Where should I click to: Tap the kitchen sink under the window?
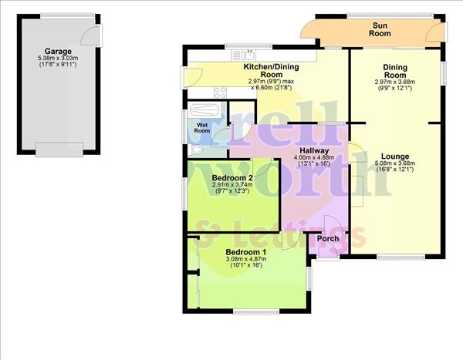pyautogui.click(x=248, y=54)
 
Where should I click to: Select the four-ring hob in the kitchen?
pyautogui.click(x=219, y=92)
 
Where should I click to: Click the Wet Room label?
pyautogui.click(x=202, y=127)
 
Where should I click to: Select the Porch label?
pyautogui.click(x=328, y=238)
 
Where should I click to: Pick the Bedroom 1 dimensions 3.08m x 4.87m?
pyautogui.click(x=245, y=259)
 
